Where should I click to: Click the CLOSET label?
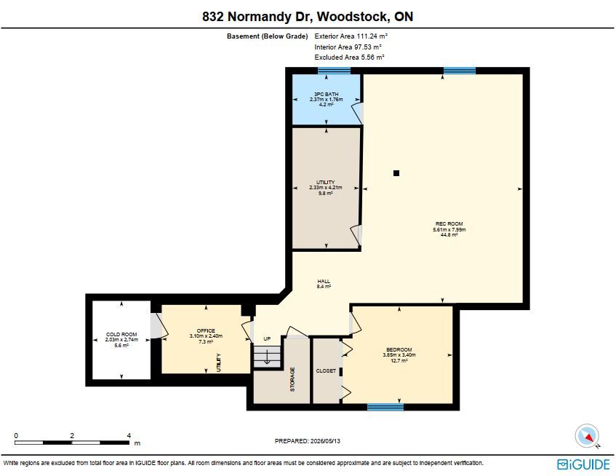(x=326, y=370)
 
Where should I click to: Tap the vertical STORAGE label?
(x=292, y=379)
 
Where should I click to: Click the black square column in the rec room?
(x=396, y=173)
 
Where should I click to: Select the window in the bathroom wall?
(x=334, y=71)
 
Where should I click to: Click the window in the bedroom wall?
(x=385, y=407)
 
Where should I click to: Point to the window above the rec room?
(x=459, y=71)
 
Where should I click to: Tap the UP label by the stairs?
(x=267, y=339)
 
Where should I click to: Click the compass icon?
(x=587, y=436)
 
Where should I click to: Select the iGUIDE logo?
(x=583, y=464)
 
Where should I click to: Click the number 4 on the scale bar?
(x=129, y=435)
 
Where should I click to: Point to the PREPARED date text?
(x=308, y=441)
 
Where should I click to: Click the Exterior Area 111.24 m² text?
(x=351, y=36)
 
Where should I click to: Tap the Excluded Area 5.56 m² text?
(x=349, y=57)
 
